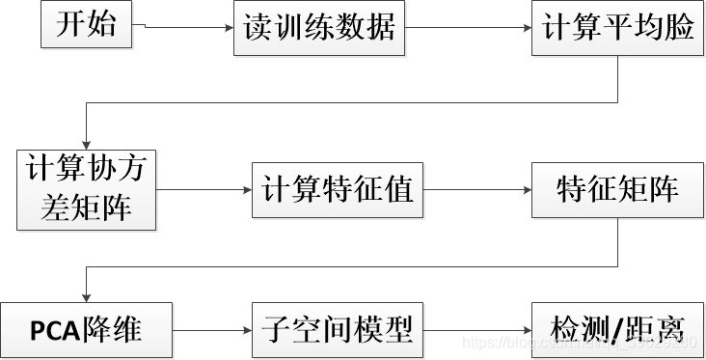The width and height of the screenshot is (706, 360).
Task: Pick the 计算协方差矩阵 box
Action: pos(86,188)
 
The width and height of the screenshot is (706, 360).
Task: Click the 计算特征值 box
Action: pos(337,188)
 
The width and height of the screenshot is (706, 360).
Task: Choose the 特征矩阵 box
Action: pos(618,188)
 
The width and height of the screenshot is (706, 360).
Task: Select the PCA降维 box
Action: pos(86,330)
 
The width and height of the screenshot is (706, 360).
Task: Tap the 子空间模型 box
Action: pos(337,330)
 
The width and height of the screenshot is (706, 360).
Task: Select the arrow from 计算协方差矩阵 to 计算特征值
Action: pos(203,189)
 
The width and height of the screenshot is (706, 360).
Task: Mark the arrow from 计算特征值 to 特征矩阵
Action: pos(476,189)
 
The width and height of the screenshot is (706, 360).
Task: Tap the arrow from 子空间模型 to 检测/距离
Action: pos(476,331)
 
